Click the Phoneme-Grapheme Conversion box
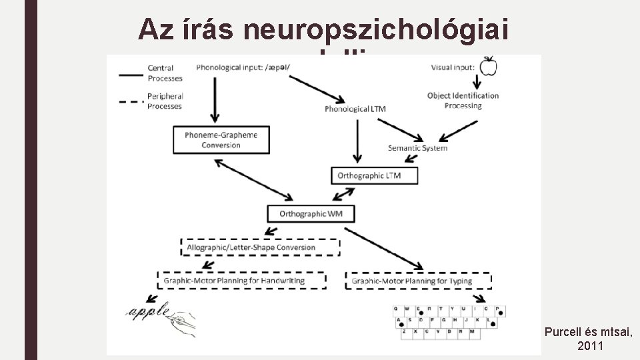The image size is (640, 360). click(221, 140)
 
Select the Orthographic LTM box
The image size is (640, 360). click(375, 175)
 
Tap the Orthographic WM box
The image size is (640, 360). click(311, 213)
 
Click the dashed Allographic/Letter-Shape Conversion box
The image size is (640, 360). click(260, 247)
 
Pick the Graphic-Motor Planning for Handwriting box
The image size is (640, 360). click(242, 281)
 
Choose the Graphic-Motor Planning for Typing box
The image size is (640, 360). click(419, 281)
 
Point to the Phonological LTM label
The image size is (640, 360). click(355, 109)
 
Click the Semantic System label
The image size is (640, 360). click(417, 147)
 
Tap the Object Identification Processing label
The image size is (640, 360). click(463, 101)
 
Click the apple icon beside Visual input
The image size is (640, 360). click(489, 66)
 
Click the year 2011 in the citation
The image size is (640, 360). click(589, 346)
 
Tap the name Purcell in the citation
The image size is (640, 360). click(567, 331)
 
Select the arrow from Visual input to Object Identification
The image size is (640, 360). click(477, 81)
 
